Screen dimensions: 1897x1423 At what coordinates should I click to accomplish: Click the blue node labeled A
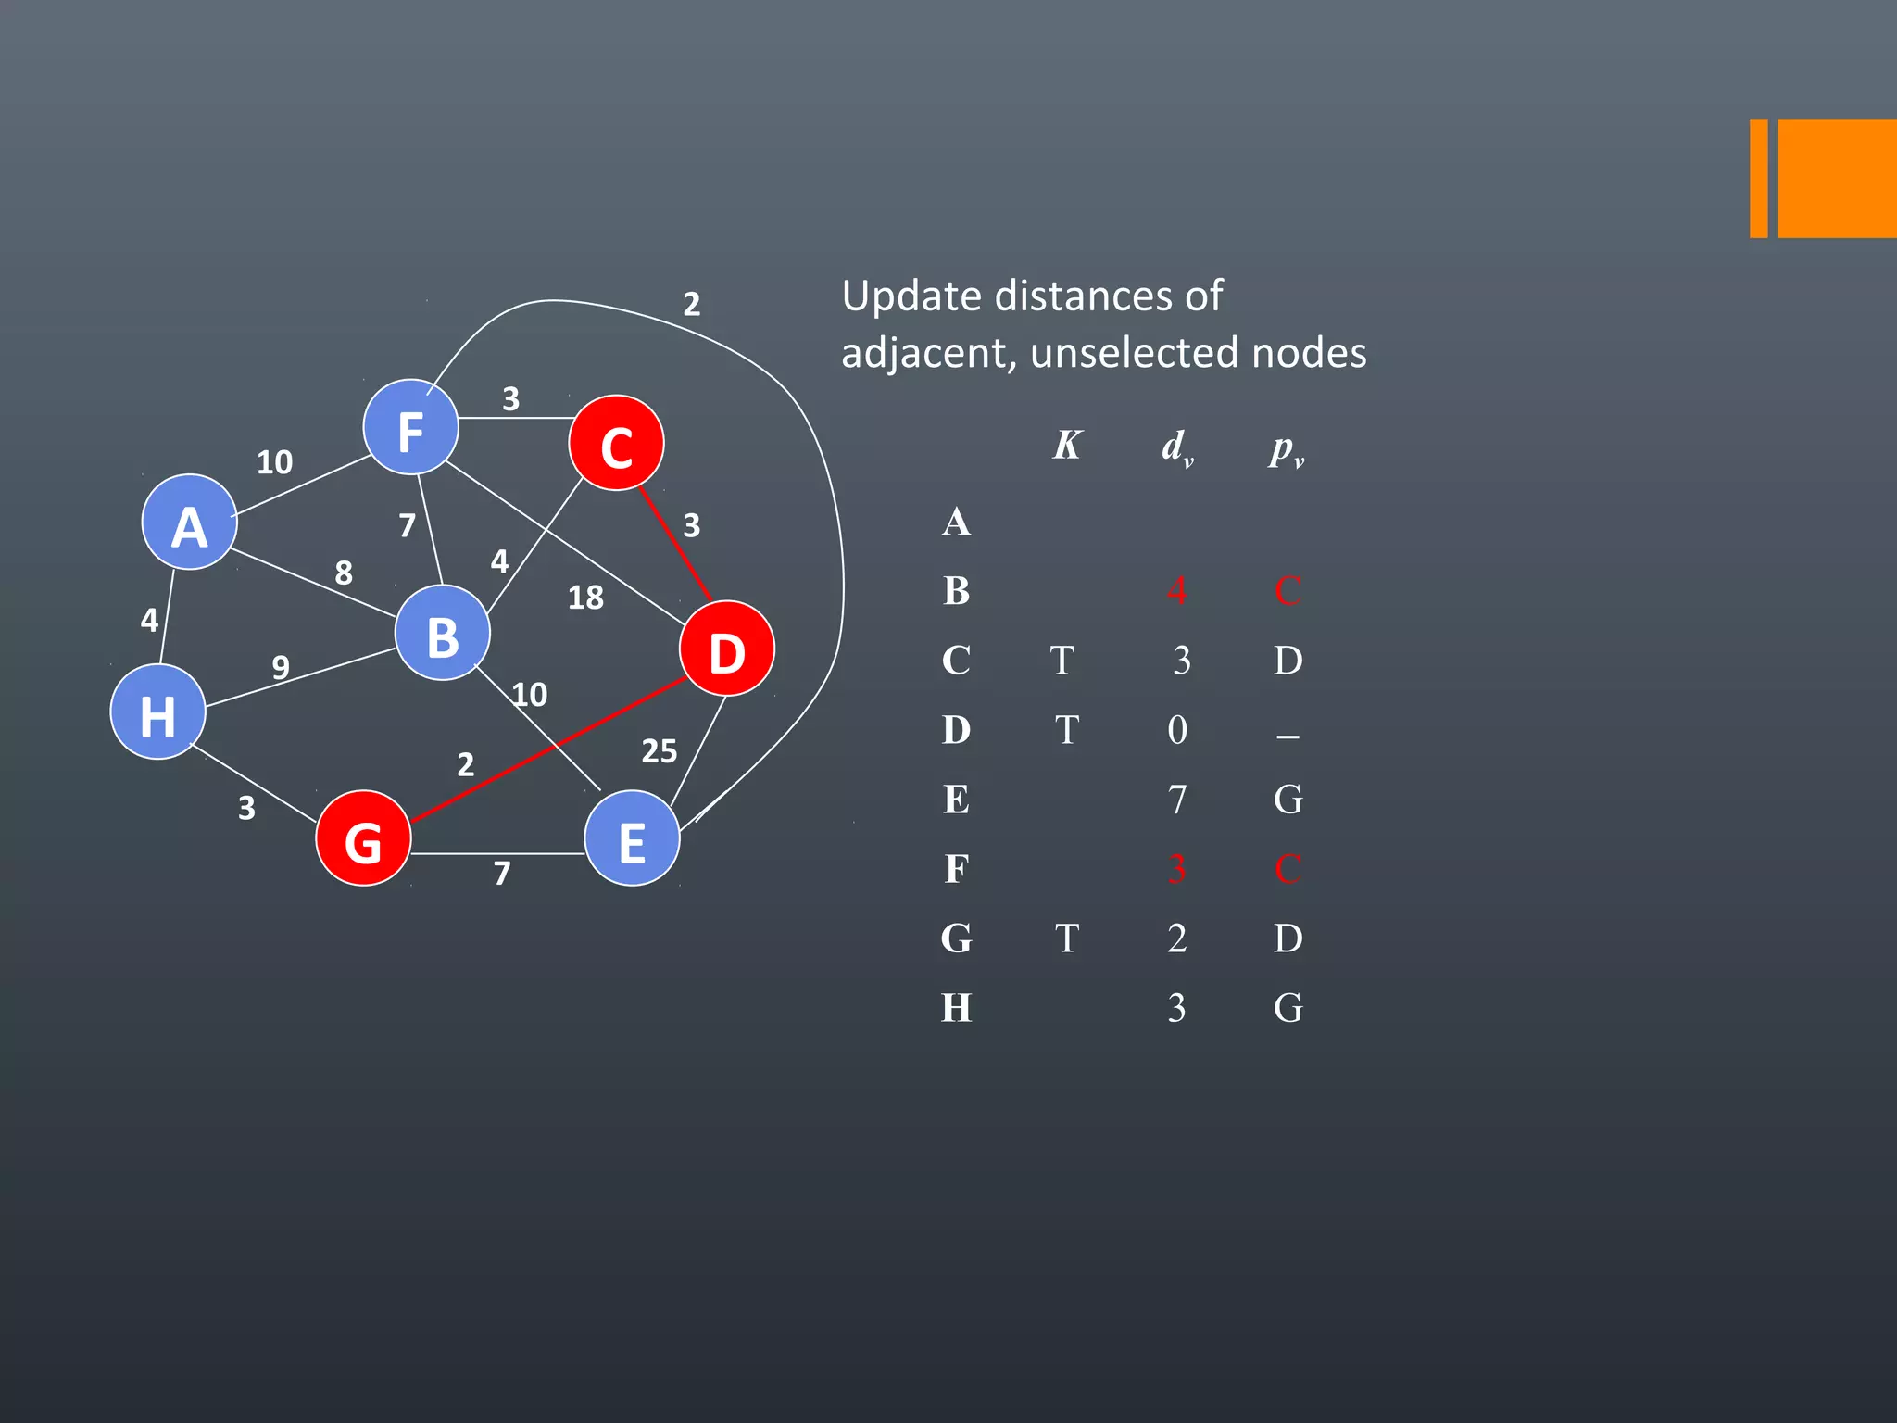click(190, 523)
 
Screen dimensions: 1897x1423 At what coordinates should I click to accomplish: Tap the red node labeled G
click(363, 838)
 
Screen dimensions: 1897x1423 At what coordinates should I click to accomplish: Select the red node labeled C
click(617, 444)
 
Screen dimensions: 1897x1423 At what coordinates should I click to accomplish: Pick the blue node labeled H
click(157, 712)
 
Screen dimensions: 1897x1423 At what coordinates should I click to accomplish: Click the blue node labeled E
click(633, 838)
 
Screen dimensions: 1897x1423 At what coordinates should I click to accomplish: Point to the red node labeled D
click(727, 649)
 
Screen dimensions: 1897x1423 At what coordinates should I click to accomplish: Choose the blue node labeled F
click(410, 428)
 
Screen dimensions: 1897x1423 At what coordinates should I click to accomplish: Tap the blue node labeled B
click(443, 634)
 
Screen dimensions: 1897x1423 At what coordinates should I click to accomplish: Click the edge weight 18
click(585, 598)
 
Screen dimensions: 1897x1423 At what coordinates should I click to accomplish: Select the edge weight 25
click(660, 751)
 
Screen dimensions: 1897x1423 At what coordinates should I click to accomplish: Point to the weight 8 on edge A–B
click(344, 573)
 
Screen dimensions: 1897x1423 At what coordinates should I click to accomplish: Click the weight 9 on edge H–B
click(281, 667)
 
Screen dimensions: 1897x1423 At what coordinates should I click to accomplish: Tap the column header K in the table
click(1067, 446)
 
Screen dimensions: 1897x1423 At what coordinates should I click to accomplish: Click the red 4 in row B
click(1176, 591)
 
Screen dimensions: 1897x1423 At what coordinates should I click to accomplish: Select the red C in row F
click(1288, 869)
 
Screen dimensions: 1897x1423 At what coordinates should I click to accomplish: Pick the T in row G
click(1067, 938)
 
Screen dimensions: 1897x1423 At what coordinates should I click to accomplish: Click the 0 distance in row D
click(1177, 730)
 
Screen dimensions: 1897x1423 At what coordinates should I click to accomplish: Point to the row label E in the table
click(957, 800)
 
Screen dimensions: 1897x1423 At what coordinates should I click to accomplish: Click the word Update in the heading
click(911, 296)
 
